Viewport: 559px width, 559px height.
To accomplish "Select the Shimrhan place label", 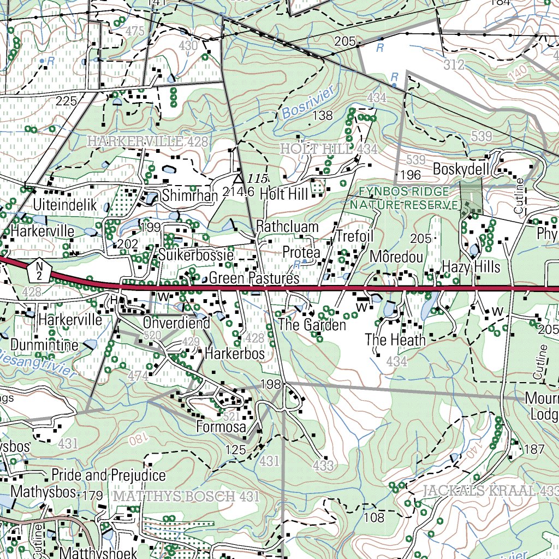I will point(182,195).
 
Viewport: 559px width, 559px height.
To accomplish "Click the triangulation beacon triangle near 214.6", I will point(238,179).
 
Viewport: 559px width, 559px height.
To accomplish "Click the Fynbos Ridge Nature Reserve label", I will point(405,198).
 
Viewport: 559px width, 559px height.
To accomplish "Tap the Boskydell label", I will point(461,169).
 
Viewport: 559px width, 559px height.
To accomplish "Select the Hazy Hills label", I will point(471,266).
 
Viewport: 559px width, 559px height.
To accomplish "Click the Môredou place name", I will point(396,257).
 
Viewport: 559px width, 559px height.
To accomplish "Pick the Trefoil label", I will point(354,236).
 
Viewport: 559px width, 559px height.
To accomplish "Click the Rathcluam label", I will point(287,227).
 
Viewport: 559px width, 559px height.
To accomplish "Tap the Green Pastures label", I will point(254,278).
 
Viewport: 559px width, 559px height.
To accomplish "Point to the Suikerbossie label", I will point(197,254).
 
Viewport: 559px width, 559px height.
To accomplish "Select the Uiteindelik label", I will point(65,206).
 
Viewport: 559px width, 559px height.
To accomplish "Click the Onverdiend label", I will point(176,323).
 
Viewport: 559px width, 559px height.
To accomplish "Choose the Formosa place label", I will point(221,426).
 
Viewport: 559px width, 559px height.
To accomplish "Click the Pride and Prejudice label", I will point(109,475).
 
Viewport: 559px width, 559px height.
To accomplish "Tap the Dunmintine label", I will point(45,344).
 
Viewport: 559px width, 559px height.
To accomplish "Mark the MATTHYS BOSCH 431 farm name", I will point(186,497).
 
